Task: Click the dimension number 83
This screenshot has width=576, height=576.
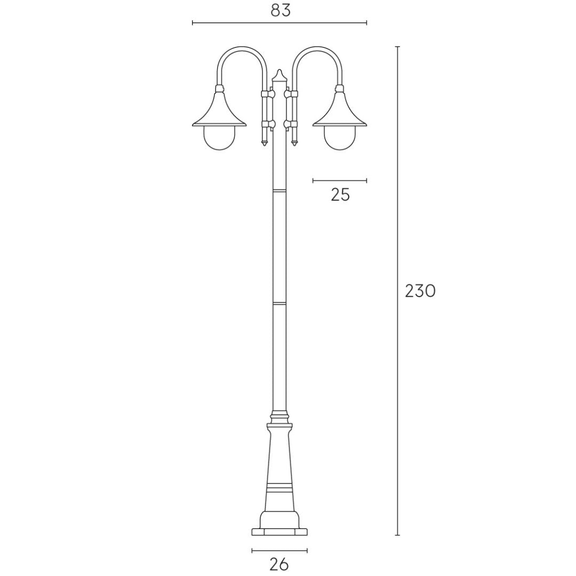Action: tap(281, 10)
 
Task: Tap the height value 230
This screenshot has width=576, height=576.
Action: tap(420, 291)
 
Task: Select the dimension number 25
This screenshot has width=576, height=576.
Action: tap(340, 195)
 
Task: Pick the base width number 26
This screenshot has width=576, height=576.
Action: tap(279, 564)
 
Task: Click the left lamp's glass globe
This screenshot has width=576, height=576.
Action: tap(219, 139)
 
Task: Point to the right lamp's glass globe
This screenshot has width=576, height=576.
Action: tap(340, 139)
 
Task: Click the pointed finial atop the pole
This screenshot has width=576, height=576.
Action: tap(279, 75)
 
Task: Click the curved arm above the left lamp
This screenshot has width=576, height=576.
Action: tap(241, 50)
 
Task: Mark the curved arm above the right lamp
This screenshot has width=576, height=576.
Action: tap(317, 50)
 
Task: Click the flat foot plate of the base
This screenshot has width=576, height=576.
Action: tap(279, 532)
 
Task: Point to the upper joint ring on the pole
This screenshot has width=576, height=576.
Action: tap(279, 189)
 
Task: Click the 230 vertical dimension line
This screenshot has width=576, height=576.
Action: tap(397, 373)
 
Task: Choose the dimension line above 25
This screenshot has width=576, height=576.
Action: tap(340, 181)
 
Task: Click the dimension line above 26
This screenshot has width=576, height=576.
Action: tap(279, 550)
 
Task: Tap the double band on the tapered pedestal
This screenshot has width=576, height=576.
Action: tap(279, 487)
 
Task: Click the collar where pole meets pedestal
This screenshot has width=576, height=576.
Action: tap(279, 414)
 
